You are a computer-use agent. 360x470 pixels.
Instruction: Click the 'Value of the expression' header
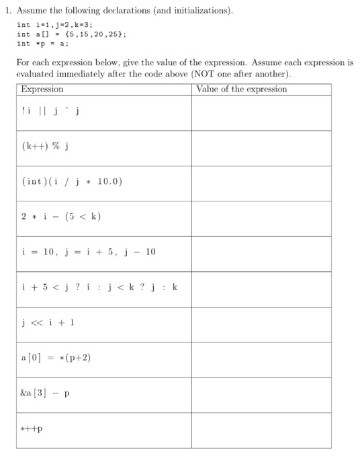click(240, 89)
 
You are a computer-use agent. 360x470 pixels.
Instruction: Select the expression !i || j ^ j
click(51, 111)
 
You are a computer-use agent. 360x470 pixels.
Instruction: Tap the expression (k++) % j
click(48, 147)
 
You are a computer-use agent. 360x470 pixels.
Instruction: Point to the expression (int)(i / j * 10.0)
click(72, 182)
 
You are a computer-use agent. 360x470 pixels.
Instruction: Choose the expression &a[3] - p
click(46, 393)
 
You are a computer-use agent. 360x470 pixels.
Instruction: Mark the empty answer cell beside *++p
click(261, 430)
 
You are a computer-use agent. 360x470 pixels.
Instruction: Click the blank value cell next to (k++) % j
click(261, 148)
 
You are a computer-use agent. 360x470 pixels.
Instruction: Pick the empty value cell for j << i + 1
click(261, 324)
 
